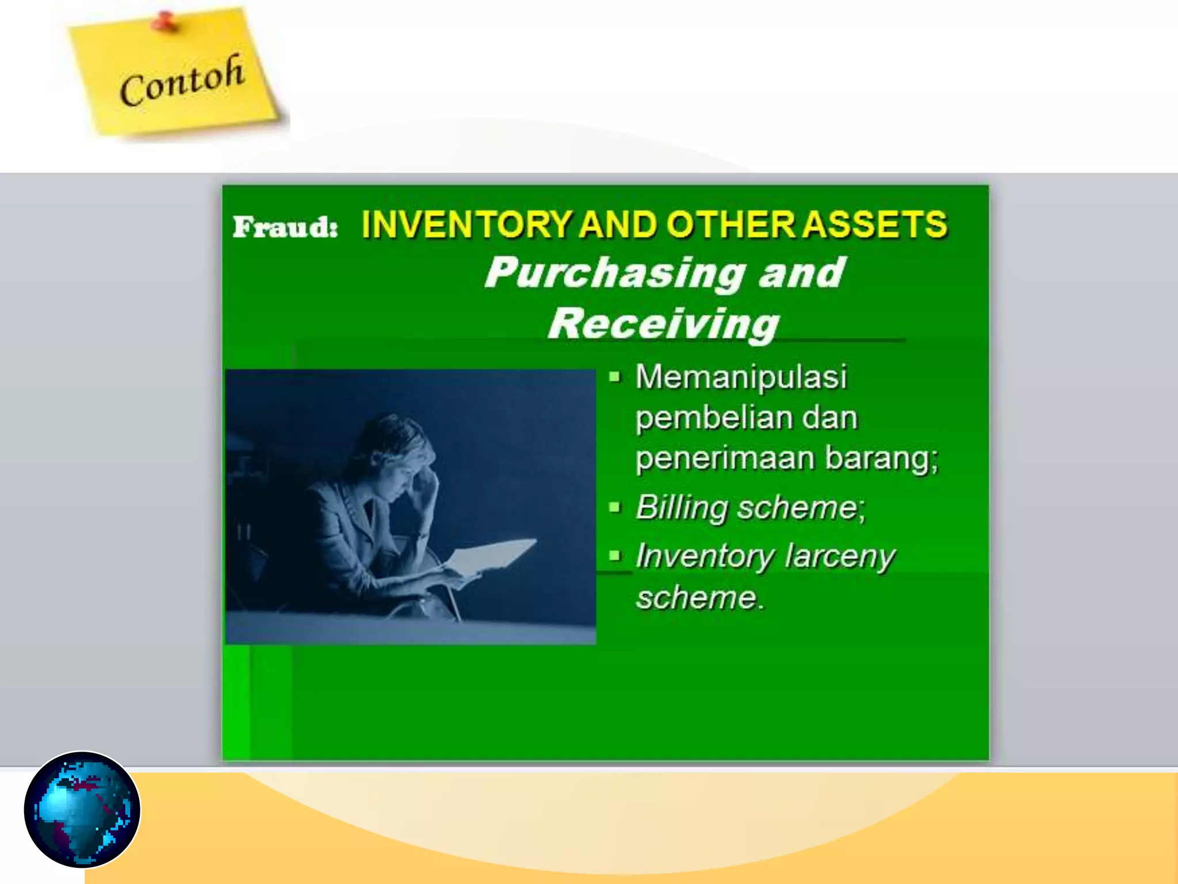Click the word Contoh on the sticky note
[182, 81]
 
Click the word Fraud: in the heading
[285, 226]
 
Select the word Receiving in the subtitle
[663, 323]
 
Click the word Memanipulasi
[741, 377]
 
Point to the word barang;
[881, 458]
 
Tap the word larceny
[840, 557]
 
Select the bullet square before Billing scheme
[615, 507]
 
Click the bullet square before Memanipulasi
[615, 377]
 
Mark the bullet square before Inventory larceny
[615, 555]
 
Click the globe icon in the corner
[82, 809]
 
